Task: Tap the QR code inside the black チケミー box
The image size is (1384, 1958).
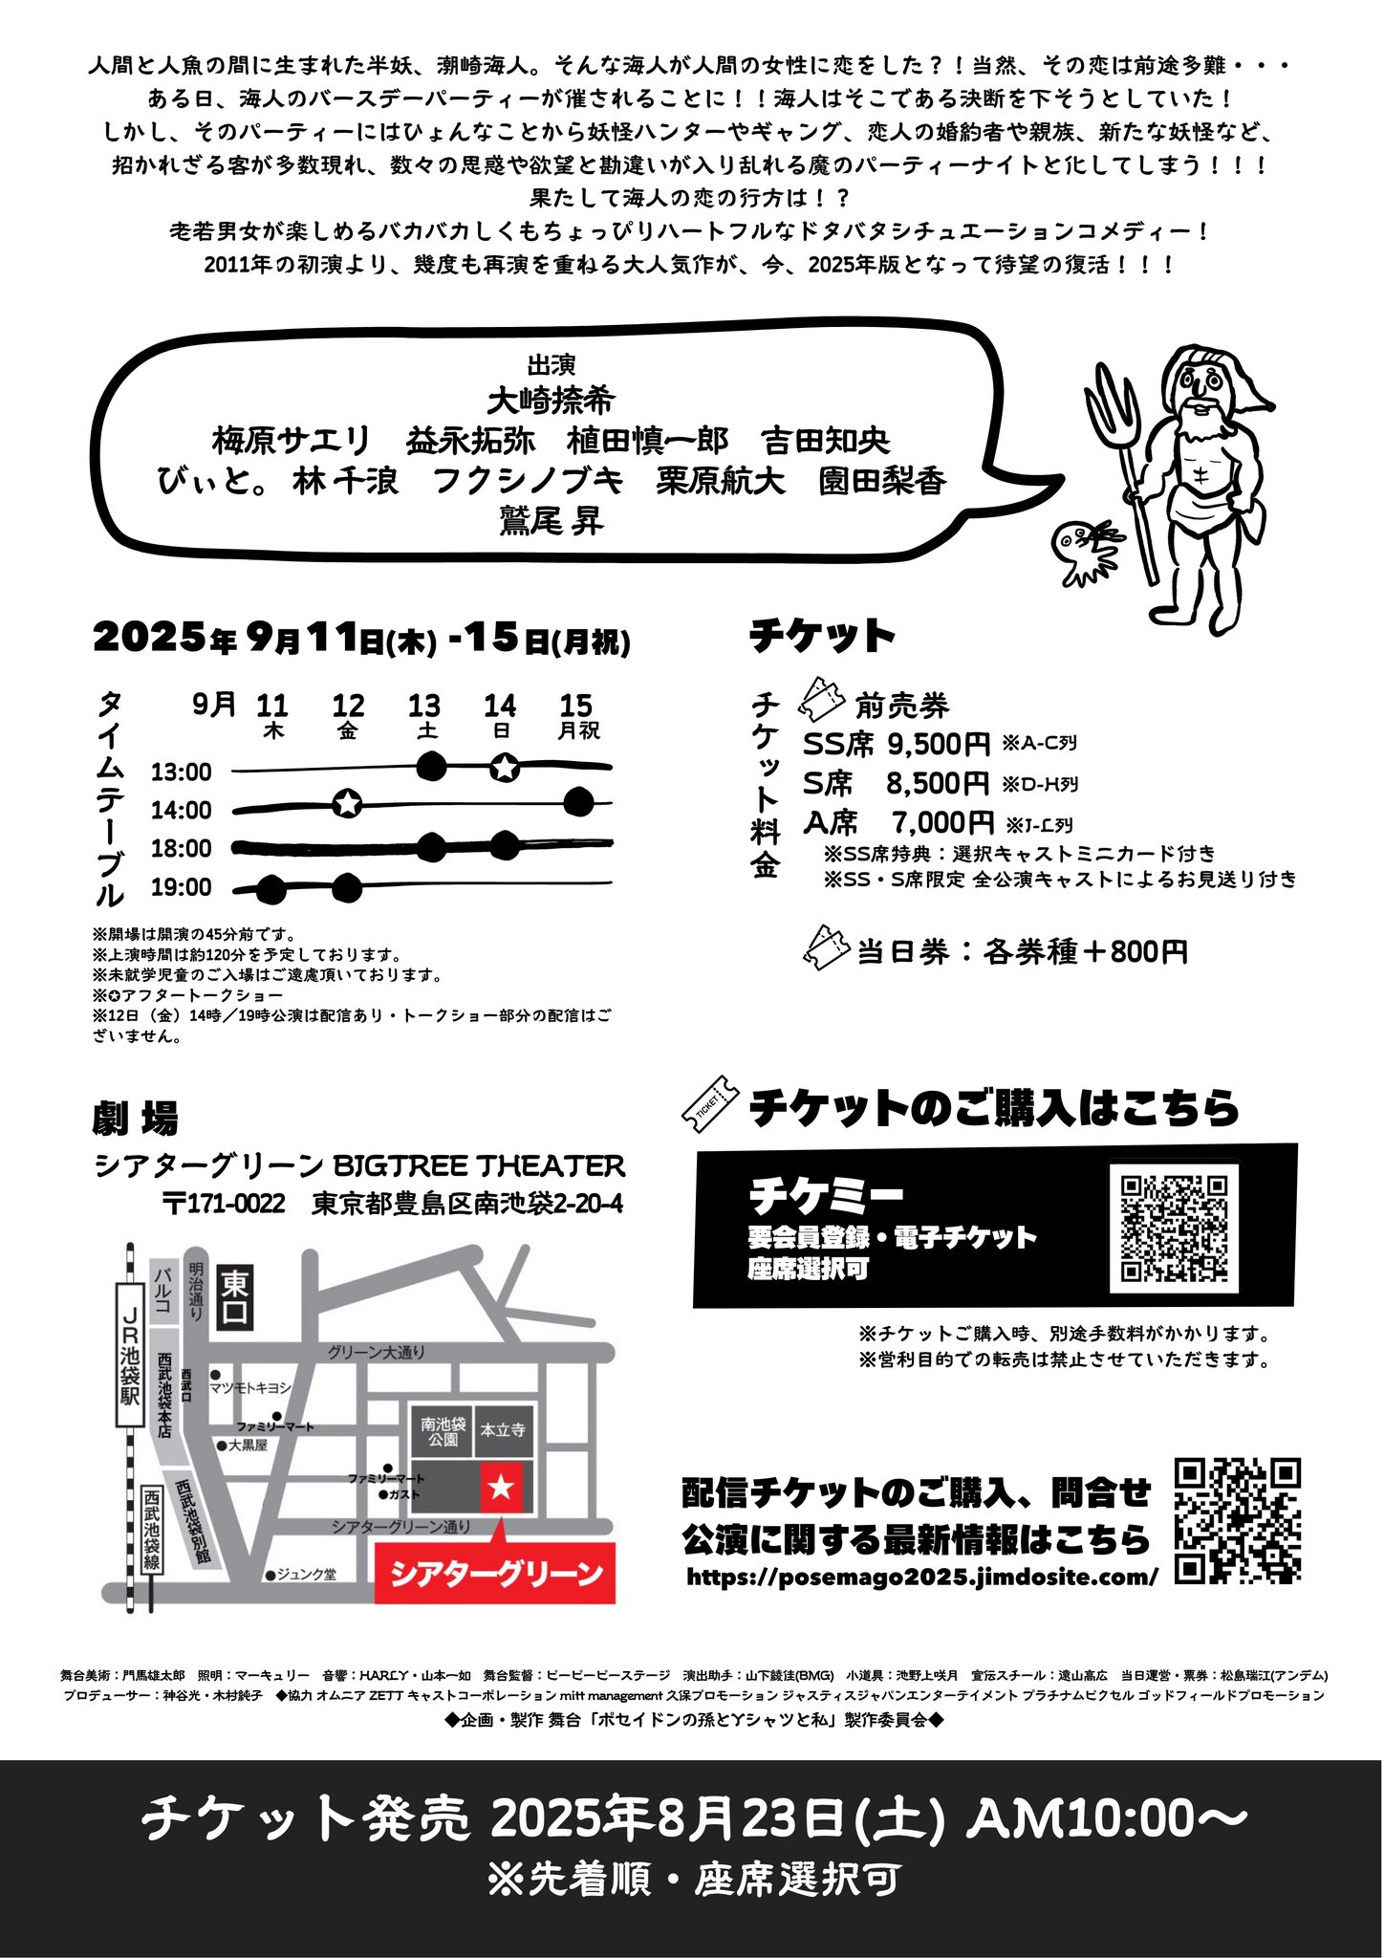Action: click(x=1174, y=1229)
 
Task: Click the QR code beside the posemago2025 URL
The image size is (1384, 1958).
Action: click(x=1237, y=1521)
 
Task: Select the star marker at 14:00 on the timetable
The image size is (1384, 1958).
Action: click(x=348, y=804)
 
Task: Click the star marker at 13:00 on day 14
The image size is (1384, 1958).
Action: click(x=505, y=766)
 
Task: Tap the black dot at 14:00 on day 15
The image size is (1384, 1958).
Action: click(x=578, y=802)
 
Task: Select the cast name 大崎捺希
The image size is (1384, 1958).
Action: click(x=551, y=401)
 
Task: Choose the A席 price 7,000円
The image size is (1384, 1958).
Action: click(x=942, y=822)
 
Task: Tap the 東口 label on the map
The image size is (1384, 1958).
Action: click(x=235, y=1297)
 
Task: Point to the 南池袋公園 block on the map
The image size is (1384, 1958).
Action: click(x=443, y=1430)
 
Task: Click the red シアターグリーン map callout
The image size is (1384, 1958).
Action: click(x=495, y=1573)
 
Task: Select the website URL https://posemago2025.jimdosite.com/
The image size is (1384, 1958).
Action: click(x=922, y=1577)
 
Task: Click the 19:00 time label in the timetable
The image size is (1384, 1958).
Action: click(x=182, y=887)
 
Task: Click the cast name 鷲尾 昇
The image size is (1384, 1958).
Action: click(x=551, y=521)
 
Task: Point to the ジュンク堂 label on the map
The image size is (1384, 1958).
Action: click(x=305, y=1574)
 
